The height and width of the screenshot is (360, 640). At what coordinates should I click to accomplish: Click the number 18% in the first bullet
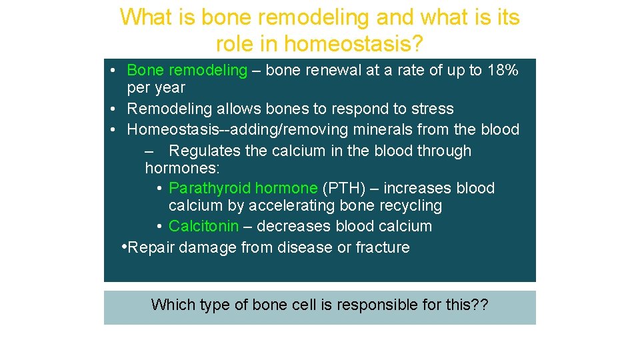click(x=503, y=71)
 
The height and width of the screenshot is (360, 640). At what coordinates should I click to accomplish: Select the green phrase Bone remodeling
click(x=187, y=71)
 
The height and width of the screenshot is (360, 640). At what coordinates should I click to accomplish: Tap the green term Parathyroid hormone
click(x=243, y=189)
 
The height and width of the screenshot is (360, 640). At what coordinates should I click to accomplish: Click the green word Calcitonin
click(x=203, y=227)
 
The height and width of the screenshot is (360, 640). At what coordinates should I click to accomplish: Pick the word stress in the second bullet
click(x=432, y=109)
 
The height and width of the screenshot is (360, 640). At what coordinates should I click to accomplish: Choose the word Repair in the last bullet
click(x=151, y=248)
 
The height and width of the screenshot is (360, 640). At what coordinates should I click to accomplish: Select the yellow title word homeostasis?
click(x=353, y=44)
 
